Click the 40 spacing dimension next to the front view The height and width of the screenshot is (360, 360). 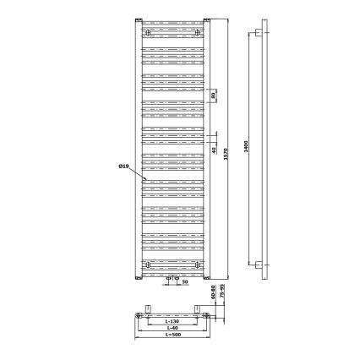[x=214, y=150]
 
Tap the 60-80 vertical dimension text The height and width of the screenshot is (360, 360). [x=213, y=290]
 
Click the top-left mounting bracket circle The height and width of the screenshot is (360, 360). [x=149, y=33]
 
